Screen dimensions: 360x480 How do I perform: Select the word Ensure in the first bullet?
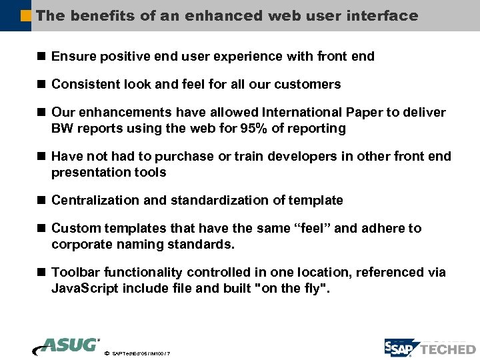(73, 57)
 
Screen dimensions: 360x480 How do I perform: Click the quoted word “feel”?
(311, 229)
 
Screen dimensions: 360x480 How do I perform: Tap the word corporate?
(81, 245)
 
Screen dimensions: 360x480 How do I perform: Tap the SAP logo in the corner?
(401, 348)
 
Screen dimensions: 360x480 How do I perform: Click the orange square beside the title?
(26, 15)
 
